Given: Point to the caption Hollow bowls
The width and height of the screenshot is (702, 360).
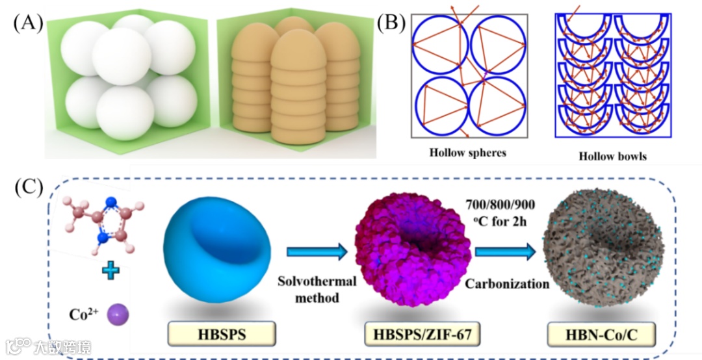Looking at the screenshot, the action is click(612, 156).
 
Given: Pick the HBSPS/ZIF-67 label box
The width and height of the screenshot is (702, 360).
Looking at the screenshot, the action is click(413, 335).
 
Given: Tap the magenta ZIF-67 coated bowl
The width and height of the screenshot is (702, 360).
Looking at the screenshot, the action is click(412, 250).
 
